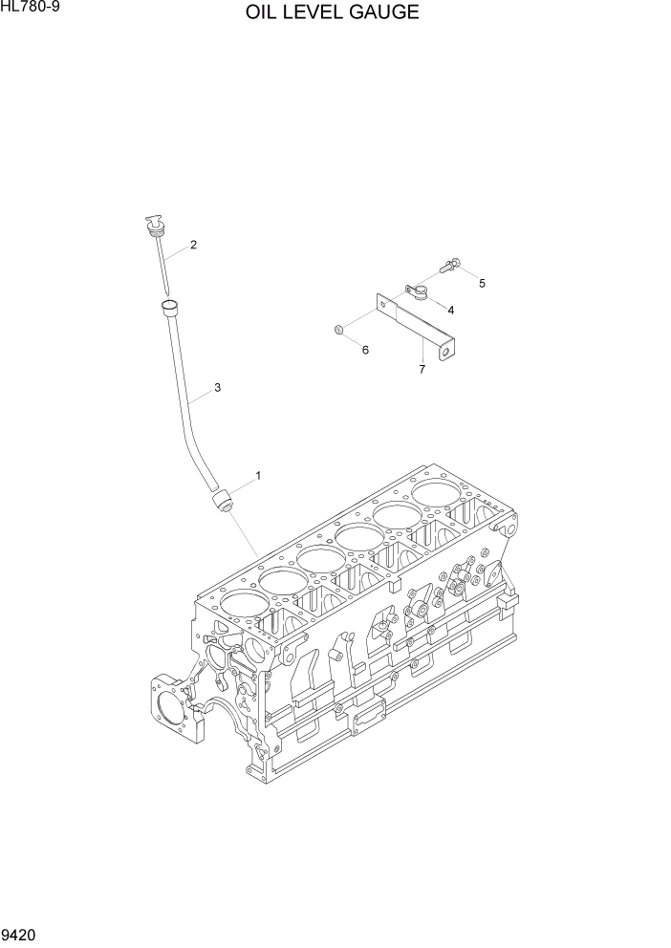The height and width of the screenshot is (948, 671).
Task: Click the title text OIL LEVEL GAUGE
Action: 332,12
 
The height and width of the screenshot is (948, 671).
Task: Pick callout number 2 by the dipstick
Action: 193,245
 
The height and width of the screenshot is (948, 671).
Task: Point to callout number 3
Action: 217,387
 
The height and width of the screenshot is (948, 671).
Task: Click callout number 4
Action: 450,310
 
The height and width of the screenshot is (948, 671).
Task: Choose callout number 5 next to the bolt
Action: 482,283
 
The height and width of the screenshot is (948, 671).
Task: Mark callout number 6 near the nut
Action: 365,351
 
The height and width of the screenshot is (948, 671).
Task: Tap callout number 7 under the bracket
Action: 421,369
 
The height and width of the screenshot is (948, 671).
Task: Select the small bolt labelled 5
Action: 450,260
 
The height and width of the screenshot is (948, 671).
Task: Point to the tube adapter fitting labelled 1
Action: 223,499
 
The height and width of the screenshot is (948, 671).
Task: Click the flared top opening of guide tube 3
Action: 170,306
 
